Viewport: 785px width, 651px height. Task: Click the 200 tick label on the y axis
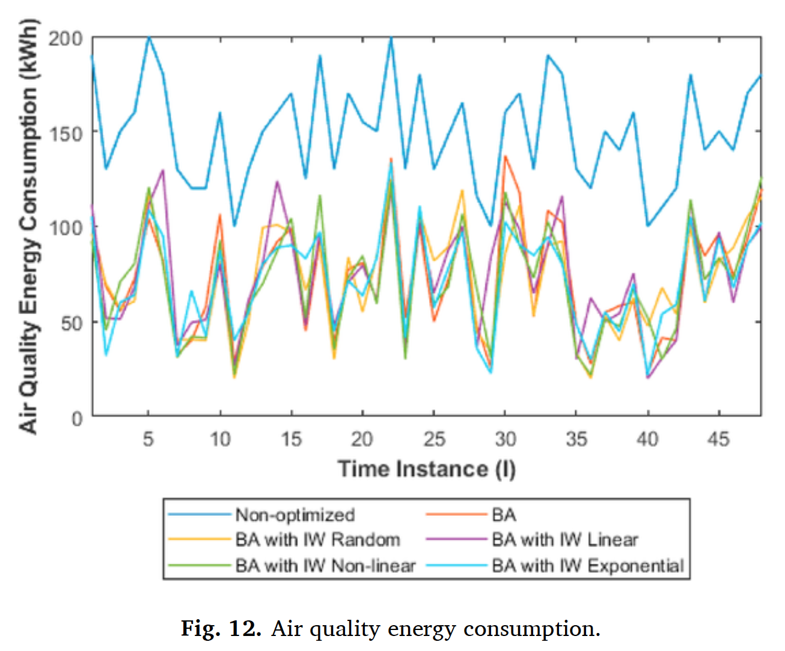coord(66,38)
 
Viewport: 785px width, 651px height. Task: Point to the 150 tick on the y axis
coord(66,133)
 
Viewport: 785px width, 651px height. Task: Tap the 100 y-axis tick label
coord(66,228)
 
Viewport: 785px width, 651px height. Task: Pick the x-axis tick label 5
coord(148,439)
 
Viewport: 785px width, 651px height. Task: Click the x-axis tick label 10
coord(220,439)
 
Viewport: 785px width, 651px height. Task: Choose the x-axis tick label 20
coord(362,439)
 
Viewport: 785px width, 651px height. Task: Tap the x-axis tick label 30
coord(506,439)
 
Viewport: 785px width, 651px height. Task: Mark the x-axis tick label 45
coord(718,439)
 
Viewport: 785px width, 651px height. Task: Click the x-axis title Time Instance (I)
coord(427,469)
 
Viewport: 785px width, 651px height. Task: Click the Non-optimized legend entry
coord(295,515)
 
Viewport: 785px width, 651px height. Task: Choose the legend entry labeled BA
coord(504,515)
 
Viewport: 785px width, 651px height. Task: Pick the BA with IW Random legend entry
coord(317,540)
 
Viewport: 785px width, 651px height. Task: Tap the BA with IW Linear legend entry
coord(564,540)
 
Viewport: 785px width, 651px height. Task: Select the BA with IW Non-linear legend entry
coord(325,566)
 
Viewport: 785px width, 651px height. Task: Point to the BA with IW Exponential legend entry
coord(587,566)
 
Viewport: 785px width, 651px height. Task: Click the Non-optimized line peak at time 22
coord(391,38)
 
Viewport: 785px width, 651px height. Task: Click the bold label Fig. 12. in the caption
coord(221,629)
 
